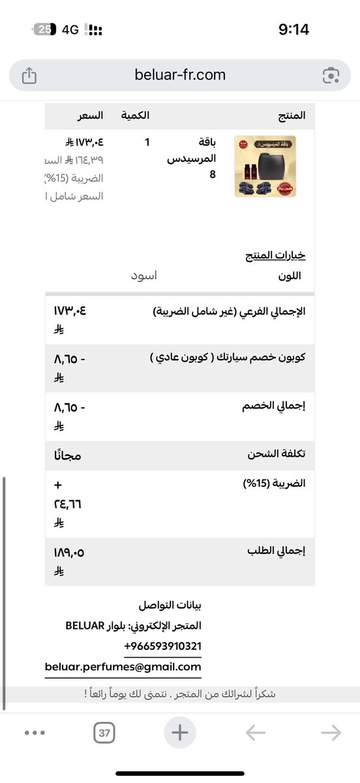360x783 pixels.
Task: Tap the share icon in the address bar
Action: pos(29,76)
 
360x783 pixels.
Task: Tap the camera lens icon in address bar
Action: pos(331,76)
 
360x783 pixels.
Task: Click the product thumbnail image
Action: pos(265,166)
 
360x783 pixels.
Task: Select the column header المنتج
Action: pos(291,115)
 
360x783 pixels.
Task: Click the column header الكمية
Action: pos(136,115)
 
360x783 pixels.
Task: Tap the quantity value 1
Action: pos(147,142)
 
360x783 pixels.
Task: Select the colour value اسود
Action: pos(144,275)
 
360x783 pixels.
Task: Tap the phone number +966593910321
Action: pos(162,645)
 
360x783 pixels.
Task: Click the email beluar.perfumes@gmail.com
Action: pos(123,666)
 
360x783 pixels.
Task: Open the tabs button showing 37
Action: pos(104,733)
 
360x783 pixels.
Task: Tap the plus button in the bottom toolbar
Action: pos(179,733)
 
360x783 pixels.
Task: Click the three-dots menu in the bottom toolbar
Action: pos(35,733)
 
